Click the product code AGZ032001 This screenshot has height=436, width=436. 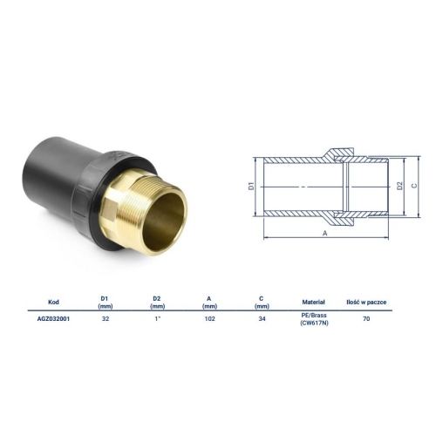coord(53,319)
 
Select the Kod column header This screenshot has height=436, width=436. coord(53,302)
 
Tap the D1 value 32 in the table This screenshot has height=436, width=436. coord(106,319)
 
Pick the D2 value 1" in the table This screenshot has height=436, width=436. coord(158,319)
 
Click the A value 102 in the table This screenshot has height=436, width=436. coord(209,319)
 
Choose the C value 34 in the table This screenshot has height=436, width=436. coord(262,319)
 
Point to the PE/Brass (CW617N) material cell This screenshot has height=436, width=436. coord(314,319)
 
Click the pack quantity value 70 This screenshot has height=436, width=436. coord(366,319)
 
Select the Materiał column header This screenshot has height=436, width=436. coord(314,302)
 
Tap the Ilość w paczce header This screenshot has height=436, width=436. coord(366,302)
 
